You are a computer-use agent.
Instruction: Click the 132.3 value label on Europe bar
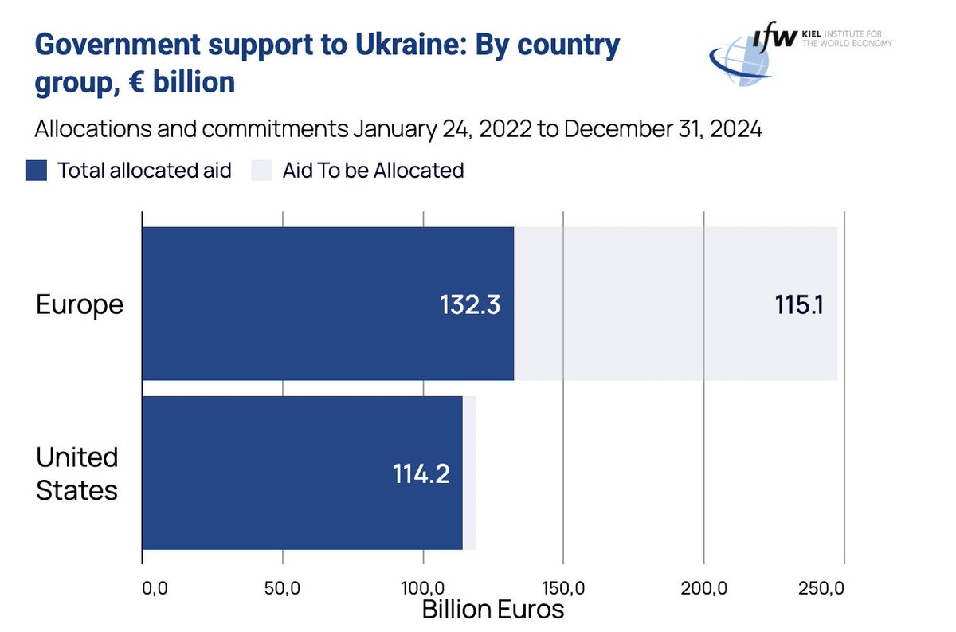pyautogui.click(x=470, y=306)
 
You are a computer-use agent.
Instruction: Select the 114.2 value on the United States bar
pyautogui.click(x=421, y=474)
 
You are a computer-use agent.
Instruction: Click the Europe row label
pyautogui.click(x=80, y=304)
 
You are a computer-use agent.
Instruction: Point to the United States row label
pyautogui.click(x=77, y=473)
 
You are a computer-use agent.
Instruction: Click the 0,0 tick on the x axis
pyautogui.click(x=155, y=591)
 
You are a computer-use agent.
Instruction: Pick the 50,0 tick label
pyautogui.click(x=282, y=591)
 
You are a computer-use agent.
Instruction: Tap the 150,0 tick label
pyautogui.click(x=563, y=591)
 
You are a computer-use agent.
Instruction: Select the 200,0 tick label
pyautogui.click(x=703, y=591)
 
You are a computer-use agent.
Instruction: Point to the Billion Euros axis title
pyautogui.click(x=492, y=610)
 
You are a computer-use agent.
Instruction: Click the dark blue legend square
pyautogui.click(x=37, y=170)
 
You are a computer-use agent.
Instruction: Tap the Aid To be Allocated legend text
pyautogui.click(x=373, y=170)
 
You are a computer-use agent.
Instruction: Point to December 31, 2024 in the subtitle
pyautogui.click(x=662, y=129)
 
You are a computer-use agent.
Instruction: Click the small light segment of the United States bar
pyautogui.click(x=469, y=473)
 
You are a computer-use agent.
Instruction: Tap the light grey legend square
pyautogui.click(x=262, y=170)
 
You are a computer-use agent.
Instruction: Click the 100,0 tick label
pyautogui.click(x=422, y=591)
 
